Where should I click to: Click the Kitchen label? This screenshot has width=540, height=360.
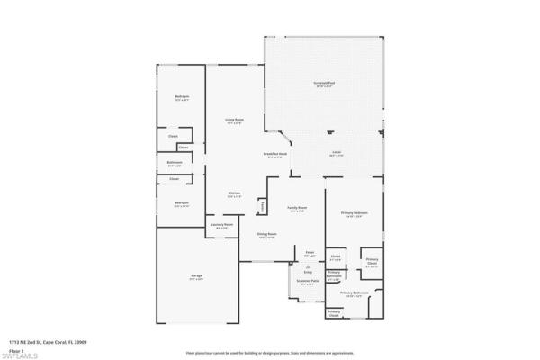tap(233, 193)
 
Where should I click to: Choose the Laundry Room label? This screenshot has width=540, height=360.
tap(221, 224)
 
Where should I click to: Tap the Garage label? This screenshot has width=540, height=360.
tap(195, 274)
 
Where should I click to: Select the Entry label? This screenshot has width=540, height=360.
tap(308, 271)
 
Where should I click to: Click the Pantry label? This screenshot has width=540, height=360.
tap(262, 206)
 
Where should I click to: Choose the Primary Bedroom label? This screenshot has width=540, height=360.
tap(353, 212)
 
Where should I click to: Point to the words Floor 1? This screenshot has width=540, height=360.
tap(15, 349)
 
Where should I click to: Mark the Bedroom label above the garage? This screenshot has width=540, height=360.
tap(181, 202)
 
